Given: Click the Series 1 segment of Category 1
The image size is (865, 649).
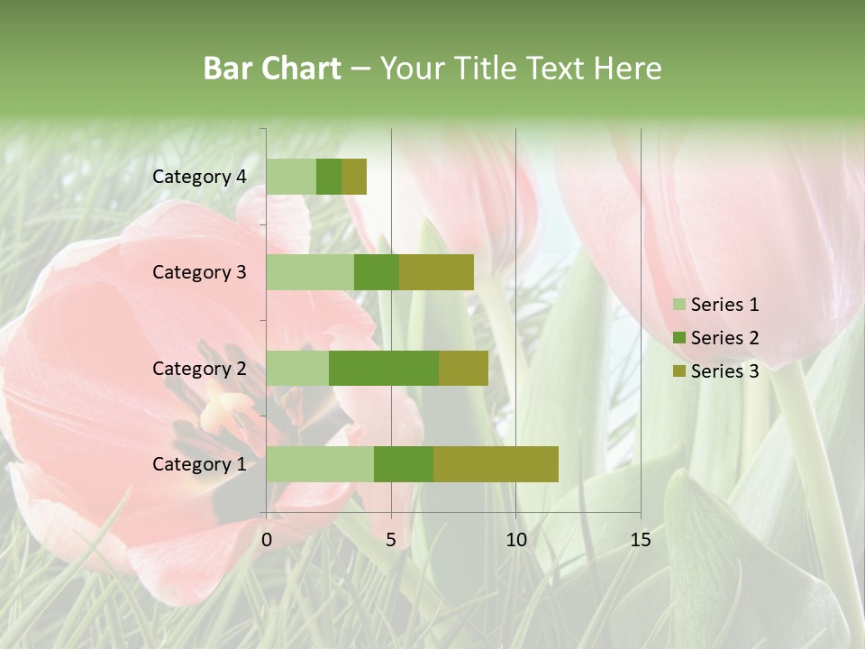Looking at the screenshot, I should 320,463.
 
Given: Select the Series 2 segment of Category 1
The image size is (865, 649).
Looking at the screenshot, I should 404,463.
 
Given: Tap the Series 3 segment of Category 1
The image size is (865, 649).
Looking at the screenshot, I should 496,463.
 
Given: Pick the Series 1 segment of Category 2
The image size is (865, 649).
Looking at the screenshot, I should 297,368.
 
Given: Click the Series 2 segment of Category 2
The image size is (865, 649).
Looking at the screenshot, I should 384,368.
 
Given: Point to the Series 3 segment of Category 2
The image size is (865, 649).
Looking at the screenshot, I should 463,368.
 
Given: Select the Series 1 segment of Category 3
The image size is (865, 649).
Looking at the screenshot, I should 310,272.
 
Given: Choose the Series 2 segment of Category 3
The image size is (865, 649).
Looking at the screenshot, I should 377,272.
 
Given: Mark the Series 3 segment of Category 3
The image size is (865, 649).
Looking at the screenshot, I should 436,272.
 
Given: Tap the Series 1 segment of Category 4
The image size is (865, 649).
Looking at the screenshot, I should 291,177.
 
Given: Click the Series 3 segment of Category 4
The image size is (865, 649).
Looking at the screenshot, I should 354,177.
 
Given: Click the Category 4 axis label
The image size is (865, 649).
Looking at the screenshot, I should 199,177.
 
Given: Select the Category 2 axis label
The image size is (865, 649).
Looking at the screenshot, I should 199,368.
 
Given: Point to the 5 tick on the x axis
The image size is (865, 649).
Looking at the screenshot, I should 391,540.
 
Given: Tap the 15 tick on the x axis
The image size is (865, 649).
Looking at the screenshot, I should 641,540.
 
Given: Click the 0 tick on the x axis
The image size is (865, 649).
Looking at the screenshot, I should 267,540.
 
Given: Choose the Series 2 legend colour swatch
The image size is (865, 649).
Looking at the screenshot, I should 678,338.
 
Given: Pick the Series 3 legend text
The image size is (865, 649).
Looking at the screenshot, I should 724,371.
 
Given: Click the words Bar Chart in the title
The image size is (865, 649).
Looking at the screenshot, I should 272,68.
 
